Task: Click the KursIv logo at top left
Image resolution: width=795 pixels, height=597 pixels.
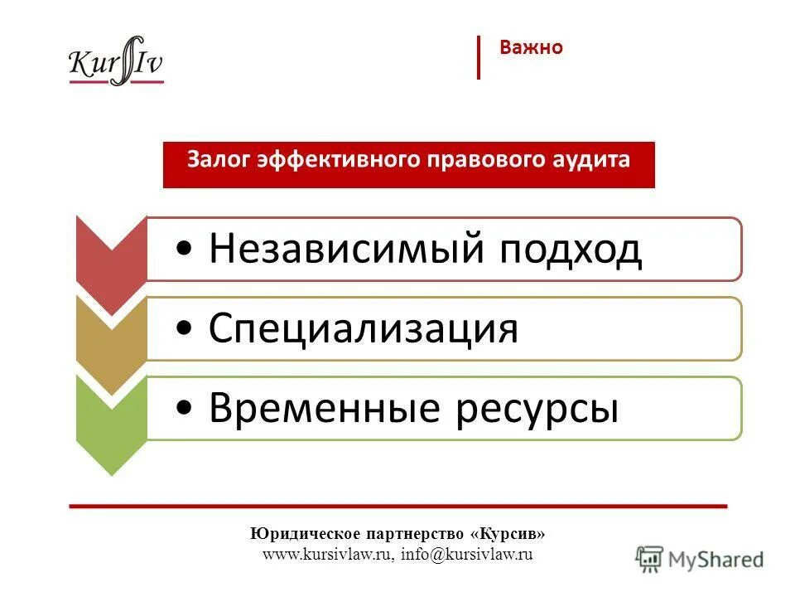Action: click(116, 61)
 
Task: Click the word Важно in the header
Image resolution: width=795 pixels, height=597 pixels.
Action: click(531, 48)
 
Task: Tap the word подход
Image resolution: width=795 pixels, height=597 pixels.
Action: click(571, 249)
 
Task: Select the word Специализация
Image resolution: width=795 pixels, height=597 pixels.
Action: click(364, 328)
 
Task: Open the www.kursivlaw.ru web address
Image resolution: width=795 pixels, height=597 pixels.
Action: click(326, 555)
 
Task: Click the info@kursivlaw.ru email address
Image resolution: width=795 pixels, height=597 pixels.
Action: click(466, 555)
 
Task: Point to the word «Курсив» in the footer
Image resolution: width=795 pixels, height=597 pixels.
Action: click(513, 533)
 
